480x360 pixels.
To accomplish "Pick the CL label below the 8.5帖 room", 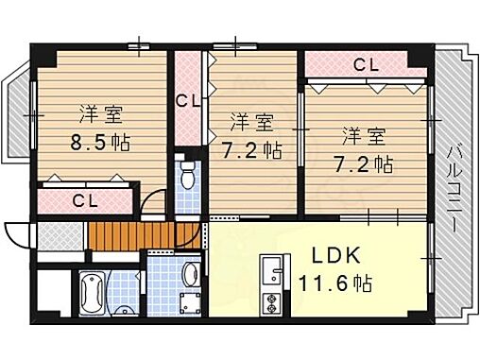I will (84, 200).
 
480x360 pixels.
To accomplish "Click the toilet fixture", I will (187, 177).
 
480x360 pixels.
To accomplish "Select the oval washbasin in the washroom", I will (189, 276).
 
